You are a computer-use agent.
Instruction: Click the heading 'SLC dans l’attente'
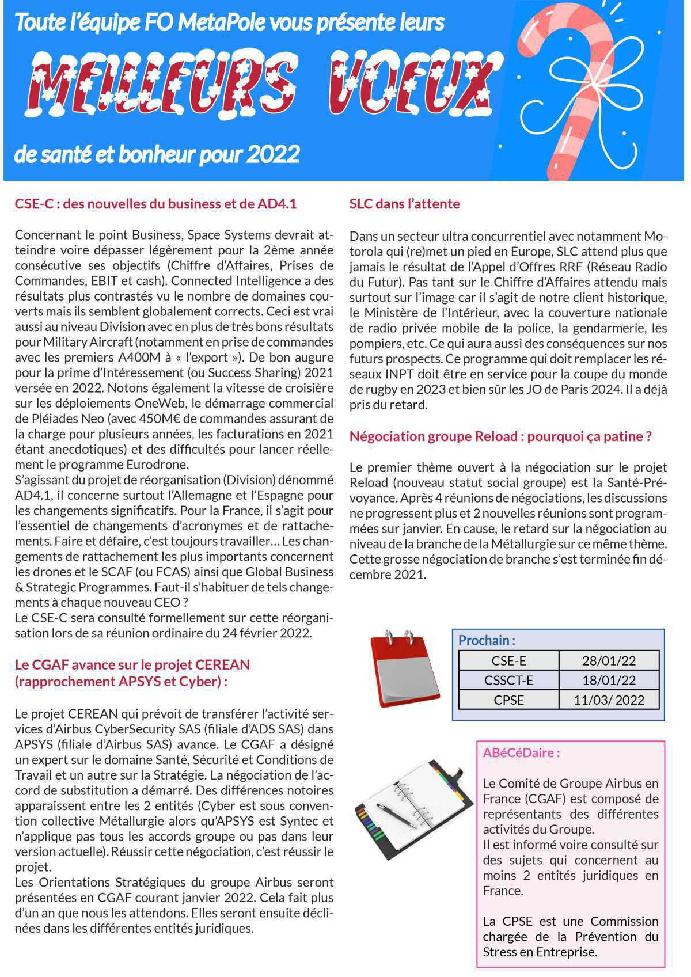click(x=404, y=204)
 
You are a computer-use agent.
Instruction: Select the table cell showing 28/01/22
click(x=609, y=660)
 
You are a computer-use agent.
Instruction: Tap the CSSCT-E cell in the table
click(x=508, y=680)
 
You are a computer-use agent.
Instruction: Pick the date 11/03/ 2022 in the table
click(x=609, y=700)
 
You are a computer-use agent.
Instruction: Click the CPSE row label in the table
click(x=508, y=700)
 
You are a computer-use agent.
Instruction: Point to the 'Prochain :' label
click(x=487, y=640)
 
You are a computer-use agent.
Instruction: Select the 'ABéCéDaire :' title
click(x=521, y=752)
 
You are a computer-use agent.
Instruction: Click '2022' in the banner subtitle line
click(x=273, y=154)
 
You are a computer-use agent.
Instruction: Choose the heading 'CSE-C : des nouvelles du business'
click(x=155, y=204)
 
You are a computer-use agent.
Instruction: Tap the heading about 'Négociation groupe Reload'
click(x=500, y=436)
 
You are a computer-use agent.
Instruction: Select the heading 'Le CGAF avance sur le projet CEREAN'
click(x=132, y=664)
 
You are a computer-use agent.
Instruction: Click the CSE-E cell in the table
click(x=508, y=660)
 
